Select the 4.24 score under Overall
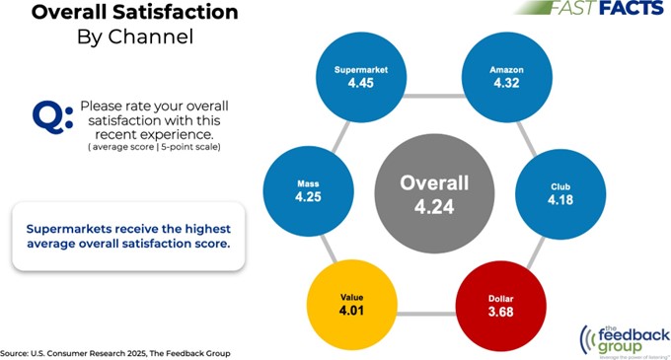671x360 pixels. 433,207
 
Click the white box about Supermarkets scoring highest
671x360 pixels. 129,235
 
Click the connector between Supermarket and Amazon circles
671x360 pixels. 433,96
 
